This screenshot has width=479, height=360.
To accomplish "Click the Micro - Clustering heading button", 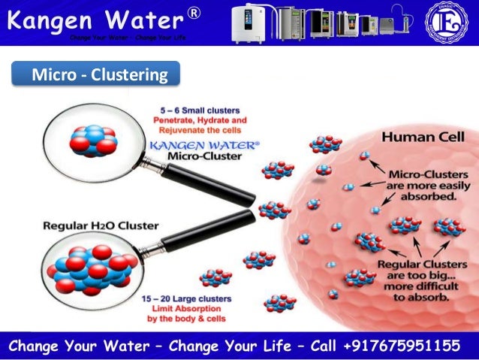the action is [95, 75].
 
